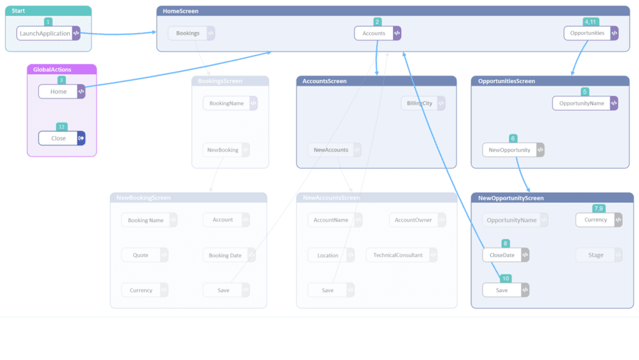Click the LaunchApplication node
[45, 34]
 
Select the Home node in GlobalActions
[58, 92]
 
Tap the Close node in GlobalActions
[58, 139]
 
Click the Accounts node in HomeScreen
[374, 33]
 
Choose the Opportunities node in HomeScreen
[587, 33]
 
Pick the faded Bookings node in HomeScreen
[188, 33]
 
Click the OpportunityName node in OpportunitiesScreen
[582, 104]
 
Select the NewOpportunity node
[509, 150]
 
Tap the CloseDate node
[502, 255]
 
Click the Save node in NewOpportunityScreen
[502, 290]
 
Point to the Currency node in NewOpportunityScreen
[595, 220]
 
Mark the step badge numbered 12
[61, 127]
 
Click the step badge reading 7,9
[599, 208]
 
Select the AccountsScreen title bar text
[324, 81]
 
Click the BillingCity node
[419, 104]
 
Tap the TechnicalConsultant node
[398, 255]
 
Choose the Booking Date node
[225, 255]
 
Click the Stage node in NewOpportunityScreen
[596, 255]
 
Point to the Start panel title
[18, 11]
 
